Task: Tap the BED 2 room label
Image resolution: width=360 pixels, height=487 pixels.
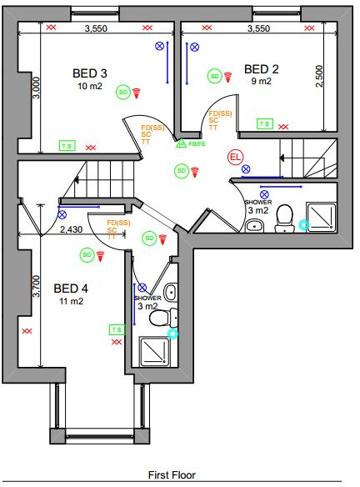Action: click(262, 68)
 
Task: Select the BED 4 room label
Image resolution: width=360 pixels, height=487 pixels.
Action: click(71, 289)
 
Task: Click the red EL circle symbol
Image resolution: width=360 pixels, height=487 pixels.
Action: click(235, 156)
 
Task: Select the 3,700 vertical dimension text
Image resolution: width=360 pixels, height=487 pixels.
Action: click(35, 286)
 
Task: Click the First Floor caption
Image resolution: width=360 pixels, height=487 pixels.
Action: click(172, 475)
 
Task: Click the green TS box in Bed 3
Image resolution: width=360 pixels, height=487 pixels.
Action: click(66, 145)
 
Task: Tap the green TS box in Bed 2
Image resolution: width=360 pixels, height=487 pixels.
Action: click(264, 124)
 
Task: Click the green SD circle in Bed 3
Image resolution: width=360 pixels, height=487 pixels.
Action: click(122, 92)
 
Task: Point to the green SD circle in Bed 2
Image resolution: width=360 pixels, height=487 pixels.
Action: click(214, 76)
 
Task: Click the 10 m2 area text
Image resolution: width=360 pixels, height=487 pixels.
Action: click(89, 86)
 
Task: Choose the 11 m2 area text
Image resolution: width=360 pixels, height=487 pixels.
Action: click(71, 302)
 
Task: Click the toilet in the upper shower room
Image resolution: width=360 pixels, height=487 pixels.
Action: click(282, 215)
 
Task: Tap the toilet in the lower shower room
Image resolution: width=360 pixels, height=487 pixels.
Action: click(172, 317)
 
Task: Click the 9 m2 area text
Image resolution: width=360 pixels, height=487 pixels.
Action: click(261, 82)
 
